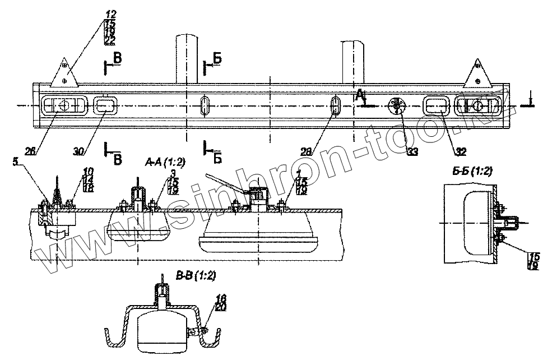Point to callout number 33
click(x=413, y=151)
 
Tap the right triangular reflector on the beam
click(x=478, y=74)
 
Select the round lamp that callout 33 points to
click(x=397, y=105)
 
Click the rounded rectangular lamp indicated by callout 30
click(x=105, y=104)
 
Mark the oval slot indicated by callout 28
click(x=336, y=105)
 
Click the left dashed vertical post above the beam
click(x=187, y=59)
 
